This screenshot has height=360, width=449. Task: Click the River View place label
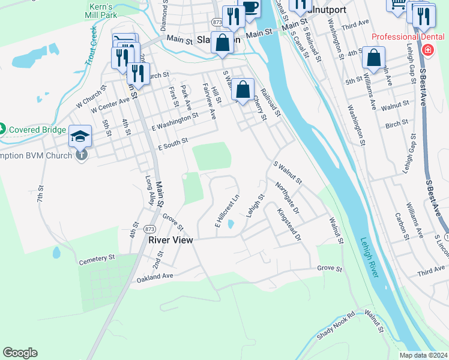click(x=170, y=240)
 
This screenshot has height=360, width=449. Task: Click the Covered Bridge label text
click(x=37, y=130)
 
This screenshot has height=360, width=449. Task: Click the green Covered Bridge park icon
click(x=2, y=129)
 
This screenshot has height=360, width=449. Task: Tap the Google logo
click(x=20, y=353)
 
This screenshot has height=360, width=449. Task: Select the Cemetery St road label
click(x=97, y=259)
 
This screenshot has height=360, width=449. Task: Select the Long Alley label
click(x=151, y=190)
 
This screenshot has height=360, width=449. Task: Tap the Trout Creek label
click(x=91, y=45)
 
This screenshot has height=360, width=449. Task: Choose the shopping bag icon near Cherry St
click(x=243, y=90)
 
